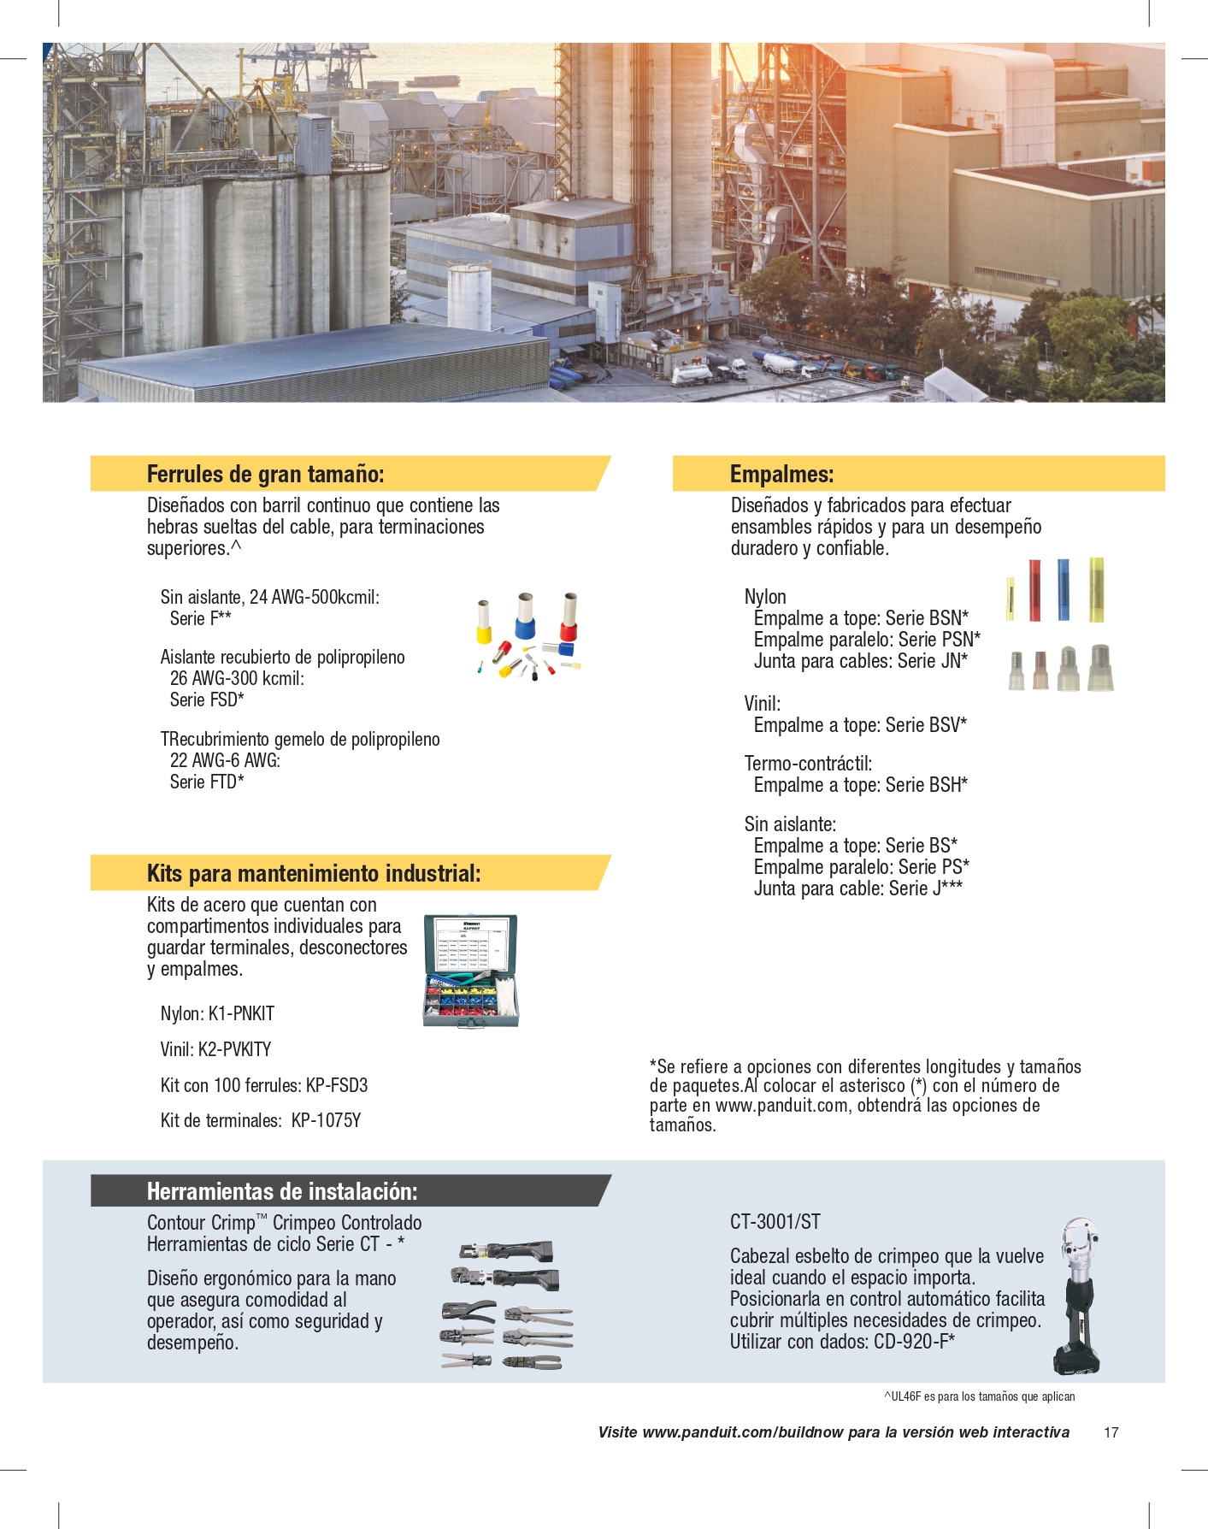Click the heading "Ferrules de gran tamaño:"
click(x=265, y=475)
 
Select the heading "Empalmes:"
click(x=781, y=475)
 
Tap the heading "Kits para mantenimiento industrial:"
click(x=314, y=874)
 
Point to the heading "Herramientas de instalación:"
click(x=282, y=1191)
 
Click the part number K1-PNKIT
click(x=241, y=1014)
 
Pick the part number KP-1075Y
click(x=326, y=1121)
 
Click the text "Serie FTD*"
click(x=207, y=782)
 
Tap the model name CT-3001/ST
click(x=775, y=1222)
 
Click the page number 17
click(x=1111, y=1432)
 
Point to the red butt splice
click(x=1034, y=589)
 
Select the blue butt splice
click(x=1064, y=589)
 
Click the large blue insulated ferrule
click(x=525, y=617)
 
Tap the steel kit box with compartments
click(x=471, y=971)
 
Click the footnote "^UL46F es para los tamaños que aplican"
click(x=979, y=1396)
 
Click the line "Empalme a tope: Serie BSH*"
click(x=860, y=785)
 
